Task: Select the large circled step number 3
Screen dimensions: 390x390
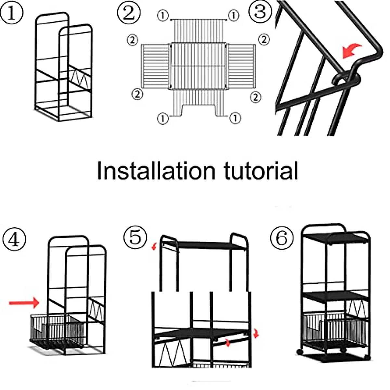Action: point(260,11)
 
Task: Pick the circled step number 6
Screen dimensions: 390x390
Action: point(282,239)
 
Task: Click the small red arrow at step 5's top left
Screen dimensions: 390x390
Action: point(153,247)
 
